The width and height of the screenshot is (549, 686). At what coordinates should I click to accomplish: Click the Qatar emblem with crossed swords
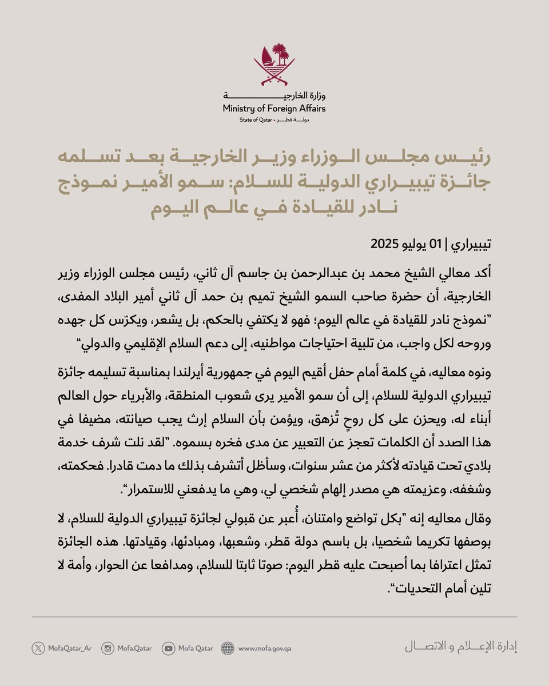(x=274, y=63)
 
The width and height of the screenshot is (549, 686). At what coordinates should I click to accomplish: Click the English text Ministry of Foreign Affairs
(x=274, y=109)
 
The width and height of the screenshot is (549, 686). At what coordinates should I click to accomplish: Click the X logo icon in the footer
(x=38, y=648)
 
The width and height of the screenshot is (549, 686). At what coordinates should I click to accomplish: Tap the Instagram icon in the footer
(x=108, y=648)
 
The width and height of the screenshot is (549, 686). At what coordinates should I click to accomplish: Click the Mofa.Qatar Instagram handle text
(x=134, y=648)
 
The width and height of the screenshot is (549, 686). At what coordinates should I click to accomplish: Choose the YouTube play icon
(x=168, y=648)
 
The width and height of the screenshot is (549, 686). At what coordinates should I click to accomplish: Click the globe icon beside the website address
(x=228, y=648)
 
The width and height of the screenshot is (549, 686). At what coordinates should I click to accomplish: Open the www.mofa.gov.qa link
(x=265, y=648)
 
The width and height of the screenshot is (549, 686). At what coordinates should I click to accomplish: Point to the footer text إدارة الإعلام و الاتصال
(x=461, y=648)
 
